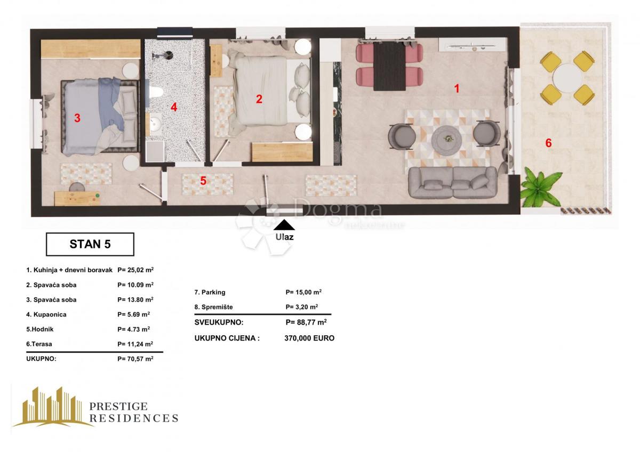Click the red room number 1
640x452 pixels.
click(x=457, y=88)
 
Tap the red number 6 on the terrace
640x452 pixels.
click(x=548, y=143)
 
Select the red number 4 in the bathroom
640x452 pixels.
click(x=174, y=107)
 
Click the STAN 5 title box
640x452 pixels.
click(x=90, y=244)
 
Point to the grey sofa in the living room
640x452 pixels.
click(x=453, y=182)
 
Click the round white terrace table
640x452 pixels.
click(x=567, y=78)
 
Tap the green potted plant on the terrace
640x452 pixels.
click(x=540, y=188)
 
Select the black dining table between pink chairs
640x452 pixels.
click(x=389, y=66)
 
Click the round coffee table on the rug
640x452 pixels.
click(x=446, y=139)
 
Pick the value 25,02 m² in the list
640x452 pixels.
click(x=135, y=270)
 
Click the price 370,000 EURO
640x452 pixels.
click(x=309, y=338)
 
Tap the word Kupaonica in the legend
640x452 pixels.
click(x=46, y=314)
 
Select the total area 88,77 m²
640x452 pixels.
click(x=306, y=322)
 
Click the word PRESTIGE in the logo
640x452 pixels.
click(x=118, y=407)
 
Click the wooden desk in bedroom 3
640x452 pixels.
click(x=77, y=198)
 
